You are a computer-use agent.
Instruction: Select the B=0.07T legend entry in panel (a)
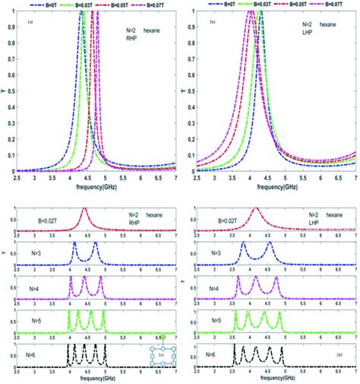(x=151, y=5)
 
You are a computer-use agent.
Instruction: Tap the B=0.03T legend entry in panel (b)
(x=261, y=5)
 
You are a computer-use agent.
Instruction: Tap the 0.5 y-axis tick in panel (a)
(x=9, y=94)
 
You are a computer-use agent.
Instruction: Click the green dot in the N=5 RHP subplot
(x=163, y=335)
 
